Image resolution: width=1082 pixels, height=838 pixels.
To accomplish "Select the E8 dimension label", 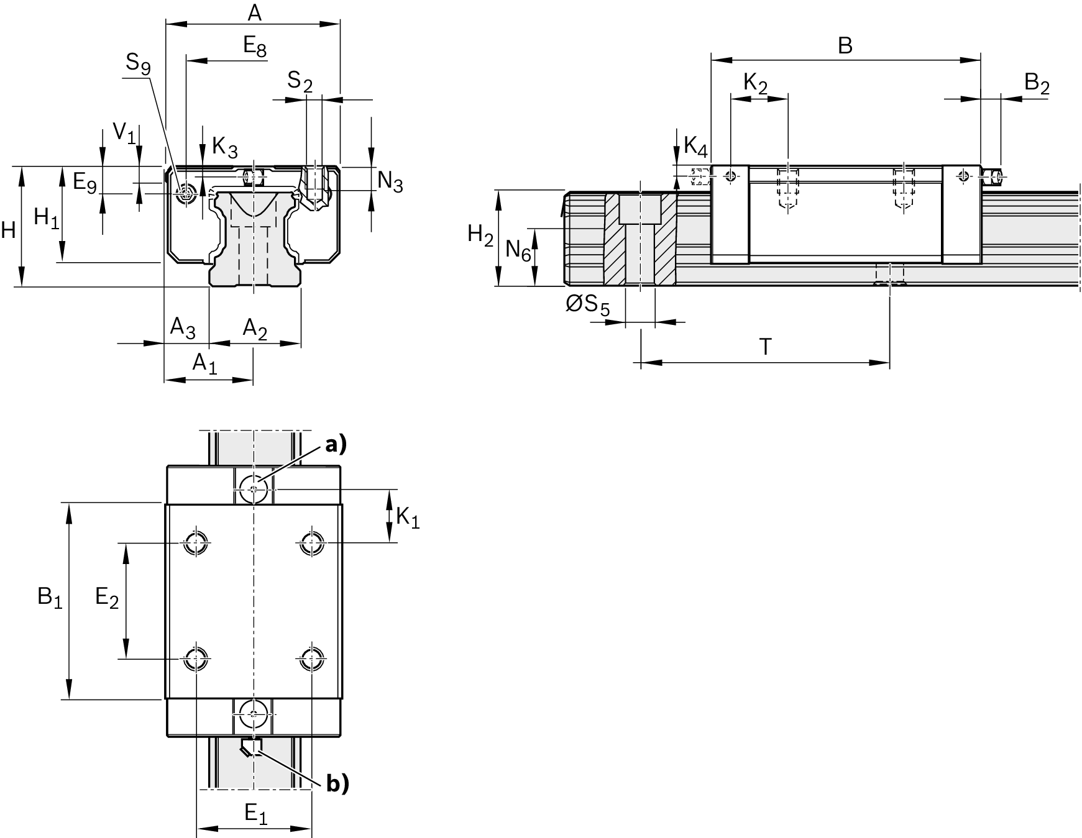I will coord(255,47).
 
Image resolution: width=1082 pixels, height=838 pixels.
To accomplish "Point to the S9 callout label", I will coord(138,63).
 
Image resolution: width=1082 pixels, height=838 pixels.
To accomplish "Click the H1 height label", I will coord(47,218).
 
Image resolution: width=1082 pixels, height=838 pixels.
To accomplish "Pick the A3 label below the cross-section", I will coord(183,328).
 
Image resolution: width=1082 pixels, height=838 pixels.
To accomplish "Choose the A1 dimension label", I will coord(204,363).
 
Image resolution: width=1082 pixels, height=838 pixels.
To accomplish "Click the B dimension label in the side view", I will coord(845,45).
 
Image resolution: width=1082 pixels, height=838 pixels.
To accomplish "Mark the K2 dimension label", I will coord(755,83).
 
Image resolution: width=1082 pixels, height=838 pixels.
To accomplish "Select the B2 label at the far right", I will coord(1036,83).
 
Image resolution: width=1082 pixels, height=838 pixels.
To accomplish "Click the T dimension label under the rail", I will coord(766,347).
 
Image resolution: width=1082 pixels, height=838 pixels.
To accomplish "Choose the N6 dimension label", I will coord(518,250).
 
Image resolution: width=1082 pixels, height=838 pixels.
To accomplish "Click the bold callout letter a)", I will coord(336,444).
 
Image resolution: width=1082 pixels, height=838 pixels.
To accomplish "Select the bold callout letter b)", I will coord(337,784).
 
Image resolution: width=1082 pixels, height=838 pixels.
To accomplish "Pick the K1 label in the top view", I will coord(408,517).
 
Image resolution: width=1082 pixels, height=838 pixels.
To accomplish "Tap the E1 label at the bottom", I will coord(255,813).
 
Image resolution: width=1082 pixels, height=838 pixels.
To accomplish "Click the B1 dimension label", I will coord(50,598).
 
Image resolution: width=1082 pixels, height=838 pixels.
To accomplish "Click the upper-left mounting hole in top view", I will coord(196,544).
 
